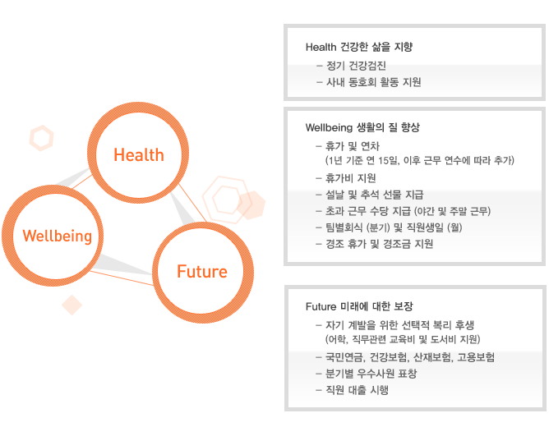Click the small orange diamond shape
[x=72, y=305]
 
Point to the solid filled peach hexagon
[x=251, y=205]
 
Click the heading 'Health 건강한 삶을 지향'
[x=359, y=47]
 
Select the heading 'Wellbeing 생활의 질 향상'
[x=362, y=127]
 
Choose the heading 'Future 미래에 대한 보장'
[x=359, y=306]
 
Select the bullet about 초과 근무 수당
[x=403, y=211]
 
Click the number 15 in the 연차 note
[x=384, y=160]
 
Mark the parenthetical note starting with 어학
[x=403, y=339]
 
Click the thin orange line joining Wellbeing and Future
[x=122, y=278]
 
